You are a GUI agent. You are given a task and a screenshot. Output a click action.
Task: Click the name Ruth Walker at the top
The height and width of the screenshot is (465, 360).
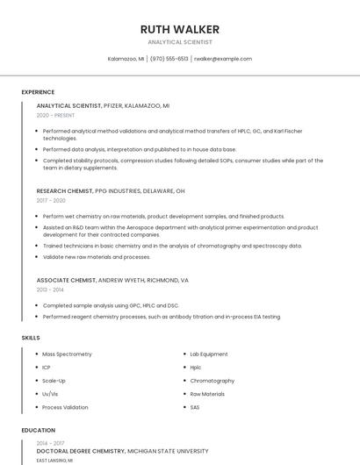180,29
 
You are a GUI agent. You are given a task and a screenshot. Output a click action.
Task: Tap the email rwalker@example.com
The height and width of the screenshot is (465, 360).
222,59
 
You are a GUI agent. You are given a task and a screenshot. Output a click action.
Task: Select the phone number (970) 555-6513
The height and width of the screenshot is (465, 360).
169,59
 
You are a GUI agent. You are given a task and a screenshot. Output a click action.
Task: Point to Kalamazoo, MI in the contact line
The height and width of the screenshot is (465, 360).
126,59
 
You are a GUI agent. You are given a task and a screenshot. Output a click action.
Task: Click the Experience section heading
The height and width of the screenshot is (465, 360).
38,92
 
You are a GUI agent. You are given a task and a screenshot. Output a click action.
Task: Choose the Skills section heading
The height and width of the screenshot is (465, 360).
30,337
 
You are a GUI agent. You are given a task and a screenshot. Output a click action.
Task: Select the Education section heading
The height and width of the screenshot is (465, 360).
38,430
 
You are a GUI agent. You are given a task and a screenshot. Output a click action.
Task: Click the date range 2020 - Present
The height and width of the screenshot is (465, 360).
56,115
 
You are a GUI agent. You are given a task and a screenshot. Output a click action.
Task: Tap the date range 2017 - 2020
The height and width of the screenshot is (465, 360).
51,200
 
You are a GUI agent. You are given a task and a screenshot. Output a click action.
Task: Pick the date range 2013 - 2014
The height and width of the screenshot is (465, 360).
50,289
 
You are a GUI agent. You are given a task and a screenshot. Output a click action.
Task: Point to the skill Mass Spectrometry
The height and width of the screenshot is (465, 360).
67,354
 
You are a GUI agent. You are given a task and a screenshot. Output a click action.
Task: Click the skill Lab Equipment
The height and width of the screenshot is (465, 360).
209,354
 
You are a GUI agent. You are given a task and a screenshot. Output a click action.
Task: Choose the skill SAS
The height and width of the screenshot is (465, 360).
195,407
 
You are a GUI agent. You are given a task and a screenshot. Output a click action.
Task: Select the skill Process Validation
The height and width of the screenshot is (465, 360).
65,407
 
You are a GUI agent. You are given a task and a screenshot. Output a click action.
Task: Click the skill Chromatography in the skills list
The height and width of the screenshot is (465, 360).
212,381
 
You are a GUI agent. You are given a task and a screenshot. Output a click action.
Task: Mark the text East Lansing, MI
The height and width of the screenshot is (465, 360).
54,460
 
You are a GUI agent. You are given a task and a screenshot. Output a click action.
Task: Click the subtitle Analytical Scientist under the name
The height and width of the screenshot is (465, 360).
180,42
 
